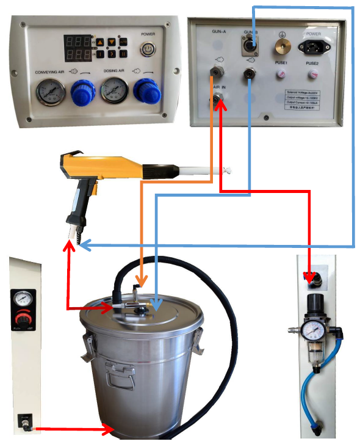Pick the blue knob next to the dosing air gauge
146,92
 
